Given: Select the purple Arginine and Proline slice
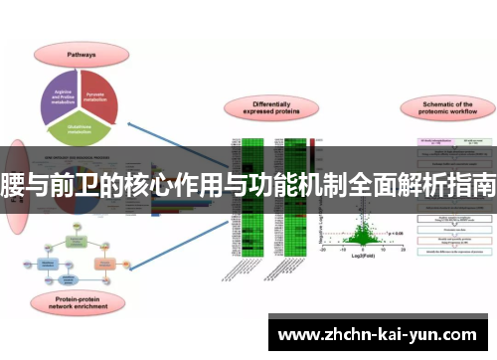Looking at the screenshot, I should point(66,90).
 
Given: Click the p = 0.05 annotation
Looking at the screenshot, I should point(396,234).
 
